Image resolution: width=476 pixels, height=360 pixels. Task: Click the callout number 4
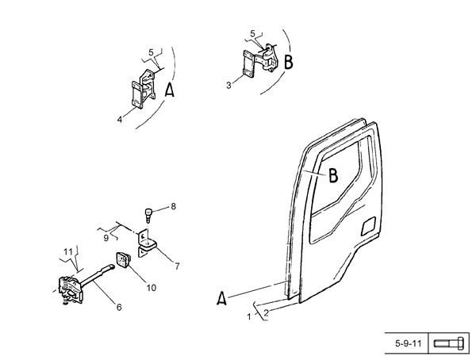tap(120, 120)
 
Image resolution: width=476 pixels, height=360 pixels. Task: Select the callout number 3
tap(228, 86)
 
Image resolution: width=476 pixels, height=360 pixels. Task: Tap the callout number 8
tap(173, 206)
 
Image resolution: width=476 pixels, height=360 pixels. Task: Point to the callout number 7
tap(177, 266)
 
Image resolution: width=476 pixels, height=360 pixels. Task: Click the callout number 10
tap(152, 288)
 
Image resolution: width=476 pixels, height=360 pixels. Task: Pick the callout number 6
tap(119, 307)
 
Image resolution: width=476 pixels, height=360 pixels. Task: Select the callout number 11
tap(68, 251)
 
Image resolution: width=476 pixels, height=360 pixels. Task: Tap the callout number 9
tap(106, 238)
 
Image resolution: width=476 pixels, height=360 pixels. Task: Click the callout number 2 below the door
tap(267, 313)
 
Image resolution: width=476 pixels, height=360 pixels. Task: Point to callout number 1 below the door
tap(249, 317)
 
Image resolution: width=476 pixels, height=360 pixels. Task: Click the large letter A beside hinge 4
tap(170, 90)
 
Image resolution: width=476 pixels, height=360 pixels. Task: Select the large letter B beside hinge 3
tap(289, 62)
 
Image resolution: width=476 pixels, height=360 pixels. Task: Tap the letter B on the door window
tap(333, 175)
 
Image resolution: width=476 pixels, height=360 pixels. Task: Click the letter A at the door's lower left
tap(221, 298)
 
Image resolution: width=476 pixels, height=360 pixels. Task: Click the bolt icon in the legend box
tap(449, 343)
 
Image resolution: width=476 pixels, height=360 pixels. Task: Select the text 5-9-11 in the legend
tap(409, 343)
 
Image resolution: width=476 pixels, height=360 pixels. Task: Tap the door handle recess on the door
tap(369, 226)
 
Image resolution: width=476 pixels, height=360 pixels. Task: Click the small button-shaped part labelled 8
tap(148, 215)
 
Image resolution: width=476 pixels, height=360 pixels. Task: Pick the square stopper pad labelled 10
tap(123, 260)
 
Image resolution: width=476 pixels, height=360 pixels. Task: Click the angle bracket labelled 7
tap(146, 243)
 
